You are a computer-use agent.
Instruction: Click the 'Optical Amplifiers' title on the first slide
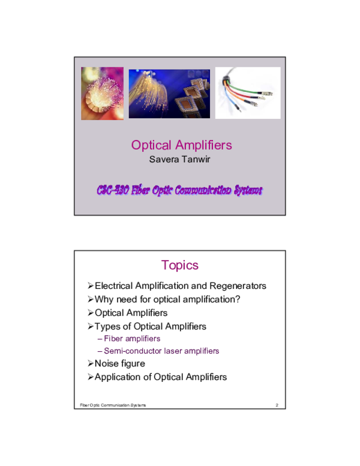click(x=181, y=145)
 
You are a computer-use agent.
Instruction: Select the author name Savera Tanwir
click(x=181, y=160)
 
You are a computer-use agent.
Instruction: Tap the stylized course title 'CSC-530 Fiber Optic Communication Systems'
click(x=179, y=190)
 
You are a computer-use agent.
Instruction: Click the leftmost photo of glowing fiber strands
click(x=102, y=93)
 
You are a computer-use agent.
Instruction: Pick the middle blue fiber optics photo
click(x=169, y=93)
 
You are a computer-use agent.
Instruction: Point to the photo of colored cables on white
click(x=247, y=93)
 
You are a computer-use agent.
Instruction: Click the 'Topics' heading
click(x=179, y=265)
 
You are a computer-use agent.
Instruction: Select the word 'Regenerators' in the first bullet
click(x=238, y=286)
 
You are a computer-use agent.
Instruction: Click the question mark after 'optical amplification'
click(x=238, y=299)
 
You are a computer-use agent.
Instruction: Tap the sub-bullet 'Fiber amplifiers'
click(x=132, y=339)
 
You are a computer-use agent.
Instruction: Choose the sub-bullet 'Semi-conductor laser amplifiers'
click(x=161, y=351)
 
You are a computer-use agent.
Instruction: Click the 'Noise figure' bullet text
click(x=119, y=363)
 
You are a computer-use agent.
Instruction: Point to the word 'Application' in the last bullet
click(x=117, y=377)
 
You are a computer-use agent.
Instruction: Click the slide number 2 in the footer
click(x=277, y=405)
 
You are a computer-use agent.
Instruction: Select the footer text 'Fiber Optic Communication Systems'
click(x=113, y=405)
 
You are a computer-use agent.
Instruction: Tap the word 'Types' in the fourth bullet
click(x=107, y=326)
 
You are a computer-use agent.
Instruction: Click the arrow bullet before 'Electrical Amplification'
click(x=90, y=286)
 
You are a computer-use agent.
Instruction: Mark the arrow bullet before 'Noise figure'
click(x=90, y=363)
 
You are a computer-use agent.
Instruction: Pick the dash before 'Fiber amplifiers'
click(x=100, y=339)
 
